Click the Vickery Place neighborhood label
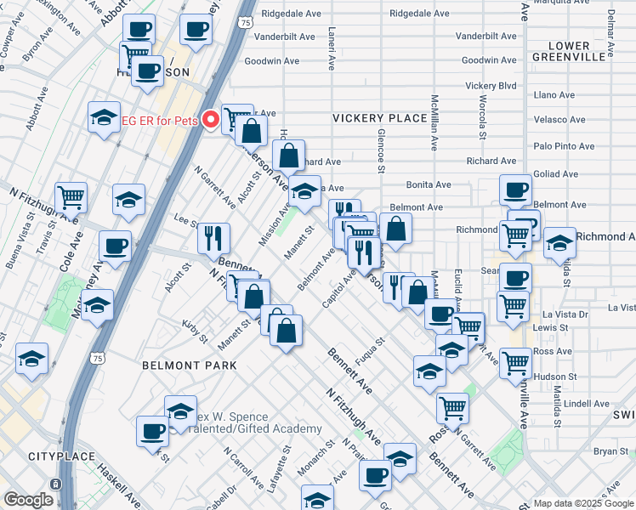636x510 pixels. click(379, 117)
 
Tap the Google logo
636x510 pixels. click(27, 500)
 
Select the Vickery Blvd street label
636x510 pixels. click(491, 86)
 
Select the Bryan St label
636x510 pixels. click(609, 450)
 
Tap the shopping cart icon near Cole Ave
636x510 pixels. click(71, 197)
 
